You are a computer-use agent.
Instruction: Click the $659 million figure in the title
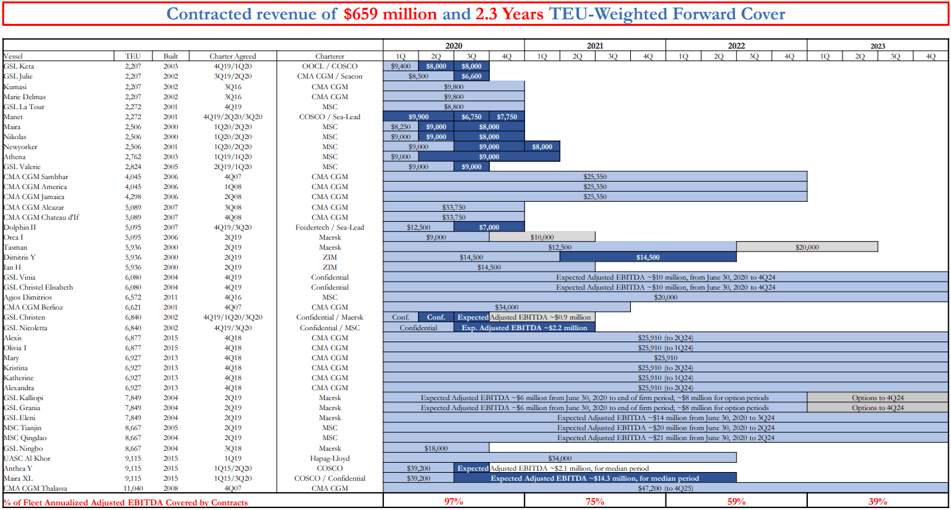coord(391,14)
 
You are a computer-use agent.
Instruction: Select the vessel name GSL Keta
coord(19,67)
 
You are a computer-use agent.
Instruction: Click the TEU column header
coord(132,57)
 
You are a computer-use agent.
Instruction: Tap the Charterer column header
coord(329,57)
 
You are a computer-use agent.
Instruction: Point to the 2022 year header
coord(736,46)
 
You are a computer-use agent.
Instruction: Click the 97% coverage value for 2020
coord(453,501)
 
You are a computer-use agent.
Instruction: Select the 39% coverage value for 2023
coord(877,501)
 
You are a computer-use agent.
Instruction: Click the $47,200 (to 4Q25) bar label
coord(666,489)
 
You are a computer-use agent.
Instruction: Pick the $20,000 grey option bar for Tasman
coord(807,247)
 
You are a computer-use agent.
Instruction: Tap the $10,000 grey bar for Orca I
coord(542,237)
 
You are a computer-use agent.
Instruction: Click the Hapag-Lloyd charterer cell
coord(329,459)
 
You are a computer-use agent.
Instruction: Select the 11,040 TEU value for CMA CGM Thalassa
coord(132,489)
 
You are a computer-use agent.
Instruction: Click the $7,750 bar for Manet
coord(506,117)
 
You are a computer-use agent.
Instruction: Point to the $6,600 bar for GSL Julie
coord(471,77)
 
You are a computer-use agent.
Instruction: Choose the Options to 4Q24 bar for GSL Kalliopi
coord(877,398)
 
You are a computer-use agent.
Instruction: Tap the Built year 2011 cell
coord(170,298)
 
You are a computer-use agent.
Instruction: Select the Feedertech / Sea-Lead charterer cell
coord(329,228)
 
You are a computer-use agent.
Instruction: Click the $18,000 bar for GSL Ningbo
coord(436,449)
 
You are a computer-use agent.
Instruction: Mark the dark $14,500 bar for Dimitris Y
coord(648,258)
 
